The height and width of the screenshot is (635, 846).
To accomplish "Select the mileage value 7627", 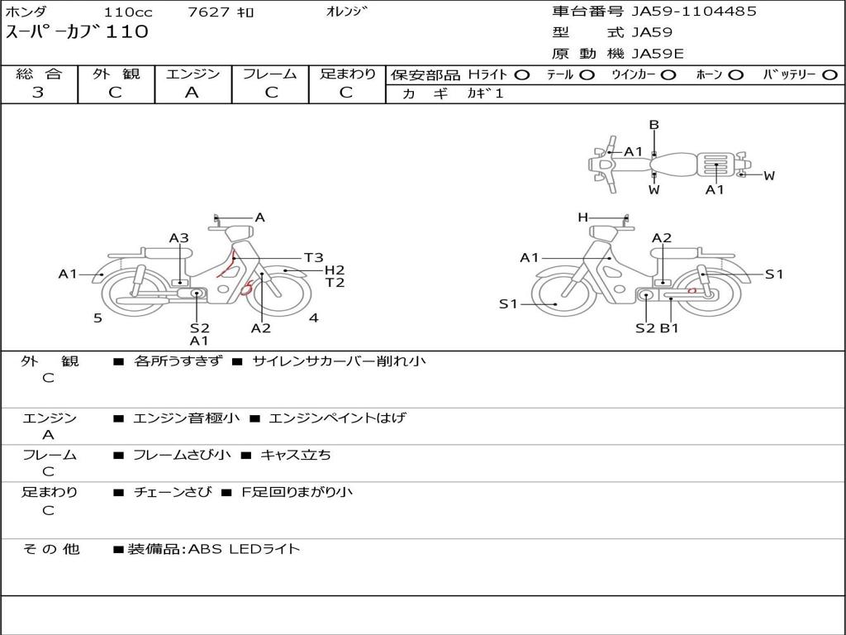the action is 209,12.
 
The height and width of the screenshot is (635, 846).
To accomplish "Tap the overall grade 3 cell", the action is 38,93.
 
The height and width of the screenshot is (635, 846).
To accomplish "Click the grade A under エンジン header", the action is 192,93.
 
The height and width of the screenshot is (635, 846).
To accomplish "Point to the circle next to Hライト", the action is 522,75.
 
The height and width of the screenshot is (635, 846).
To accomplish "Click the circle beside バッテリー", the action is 829,75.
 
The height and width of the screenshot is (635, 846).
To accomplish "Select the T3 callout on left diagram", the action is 313,258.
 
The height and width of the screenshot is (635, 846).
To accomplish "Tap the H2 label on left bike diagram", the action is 335,270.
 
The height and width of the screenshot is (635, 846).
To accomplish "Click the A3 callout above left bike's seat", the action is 179,238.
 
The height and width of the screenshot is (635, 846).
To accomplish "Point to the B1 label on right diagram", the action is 669,327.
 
